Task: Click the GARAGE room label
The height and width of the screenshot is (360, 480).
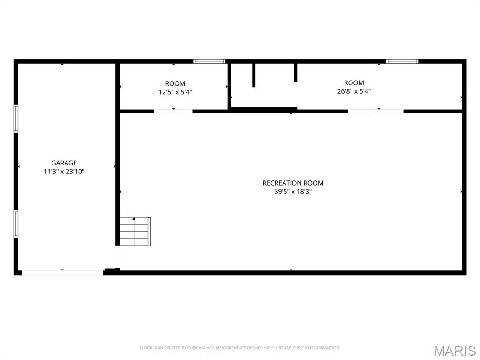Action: [x=64, y=163]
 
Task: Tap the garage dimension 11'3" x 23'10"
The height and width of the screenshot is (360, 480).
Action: [x=64, y=172]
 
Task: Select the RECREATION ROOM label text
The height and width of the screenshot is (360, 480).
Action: [x=293, y=183]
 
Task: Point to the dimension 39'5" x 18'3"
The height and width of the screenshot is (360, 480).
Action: [x=293, y=192]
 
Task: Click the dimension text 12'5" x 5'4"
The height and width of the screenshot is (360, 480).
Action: [x=175, y=92]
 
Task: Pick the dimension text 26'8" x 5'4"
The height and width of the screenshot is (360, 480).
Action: [x=354, y=91]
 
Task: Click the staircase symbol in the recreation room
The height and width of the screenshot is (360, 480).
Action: [x=135, y=231]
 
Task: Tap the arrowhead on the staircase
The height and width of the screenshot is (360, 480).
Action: [x=134, y=218]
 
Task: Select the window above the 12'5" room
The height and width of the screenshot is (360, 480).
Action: [x=210, y=61]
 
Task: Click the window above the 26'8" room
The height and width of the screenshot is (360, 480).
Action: [x=402, y=61]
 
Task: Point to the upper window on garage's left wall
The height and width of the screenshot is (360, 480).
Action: [x=16, y=119]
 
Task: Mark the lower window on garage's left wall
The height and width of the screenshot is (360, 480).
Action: [x=16, y=224]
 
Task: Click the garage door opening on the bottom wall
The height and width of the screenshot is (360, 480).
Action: [x=62, y=273]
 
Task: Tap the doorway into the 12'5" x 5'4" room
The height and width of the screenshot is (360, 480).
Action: [x=173, y=111]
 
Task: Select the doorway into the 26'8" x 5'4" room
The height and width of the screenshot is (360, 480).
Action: [x=375, y=111]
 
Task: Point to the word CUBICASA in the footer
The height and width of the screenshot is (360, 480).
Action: [x=197, y=348]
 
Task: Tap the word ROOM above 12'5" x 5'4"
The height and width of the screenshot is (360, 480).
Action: [x=175, y=83]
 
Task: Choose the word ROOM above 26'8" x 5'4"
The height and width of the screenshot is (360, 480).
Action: [x=354, y=83]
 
